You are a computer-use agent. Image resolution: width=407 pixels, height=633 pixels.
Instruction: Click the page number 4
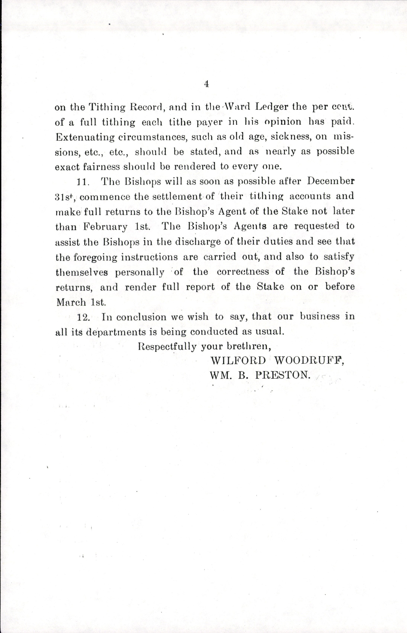pos(207,84)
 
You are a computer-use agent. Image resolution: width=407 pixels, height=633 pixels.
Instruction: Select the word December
pos(331,181)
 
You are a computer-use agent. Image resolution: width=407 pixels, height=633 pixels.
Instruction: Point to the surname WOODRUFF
pos(309,361)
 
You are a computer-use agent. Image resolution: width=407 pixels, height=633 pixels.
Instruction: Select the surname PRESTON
pos(282,375)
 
